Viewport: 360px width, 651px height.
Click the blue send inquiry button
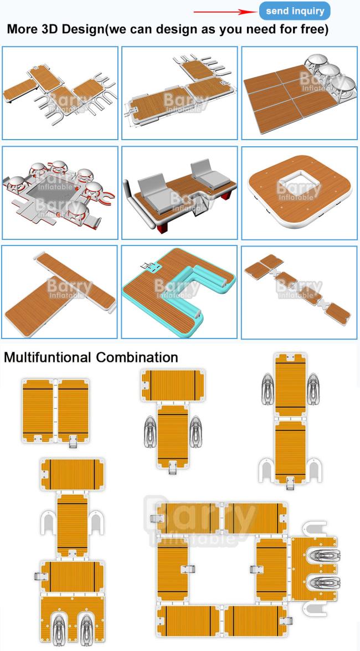[295, 11]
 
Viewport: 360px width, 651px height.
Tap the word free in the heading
[310, 29]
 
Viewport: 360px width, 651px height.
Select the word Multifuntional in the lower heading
[48, 357]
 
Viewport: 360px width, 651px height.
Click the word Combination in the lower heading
[137, 357]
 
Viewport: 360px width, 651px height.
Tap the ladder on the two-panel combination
[73, 442]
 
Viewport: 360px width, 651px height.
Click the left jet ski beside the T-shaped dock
[150, 432]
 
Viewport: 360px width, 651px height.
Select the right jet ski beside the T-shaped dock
[195, 432]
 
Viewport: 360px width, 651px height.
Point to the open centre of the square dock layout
[222, 568]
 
